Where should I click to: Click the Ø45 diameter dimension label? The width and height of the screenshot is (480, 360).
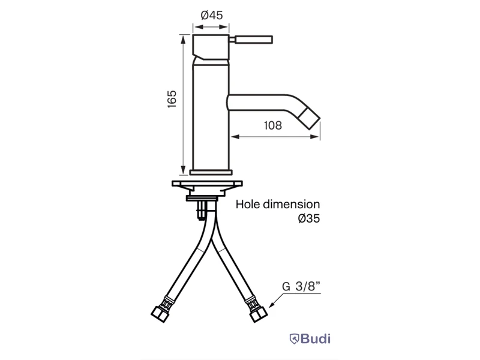coord(212,15)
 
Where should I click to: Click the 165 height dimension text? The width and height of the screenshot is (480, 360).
coord(172,98)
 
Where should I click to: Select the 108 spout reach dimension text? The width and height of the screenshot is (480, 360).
coord(273,125)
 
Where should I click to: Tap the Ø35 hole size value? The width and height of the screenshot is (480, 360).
coord(309,218)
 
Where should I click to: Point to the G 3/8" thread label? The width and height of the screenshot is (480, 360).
coord(301,286)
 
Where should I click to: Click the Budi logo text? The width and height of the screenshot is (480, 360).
coord(316,339)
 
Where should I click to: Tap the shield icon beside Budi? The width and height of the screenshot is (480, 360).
coord(294,339)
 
